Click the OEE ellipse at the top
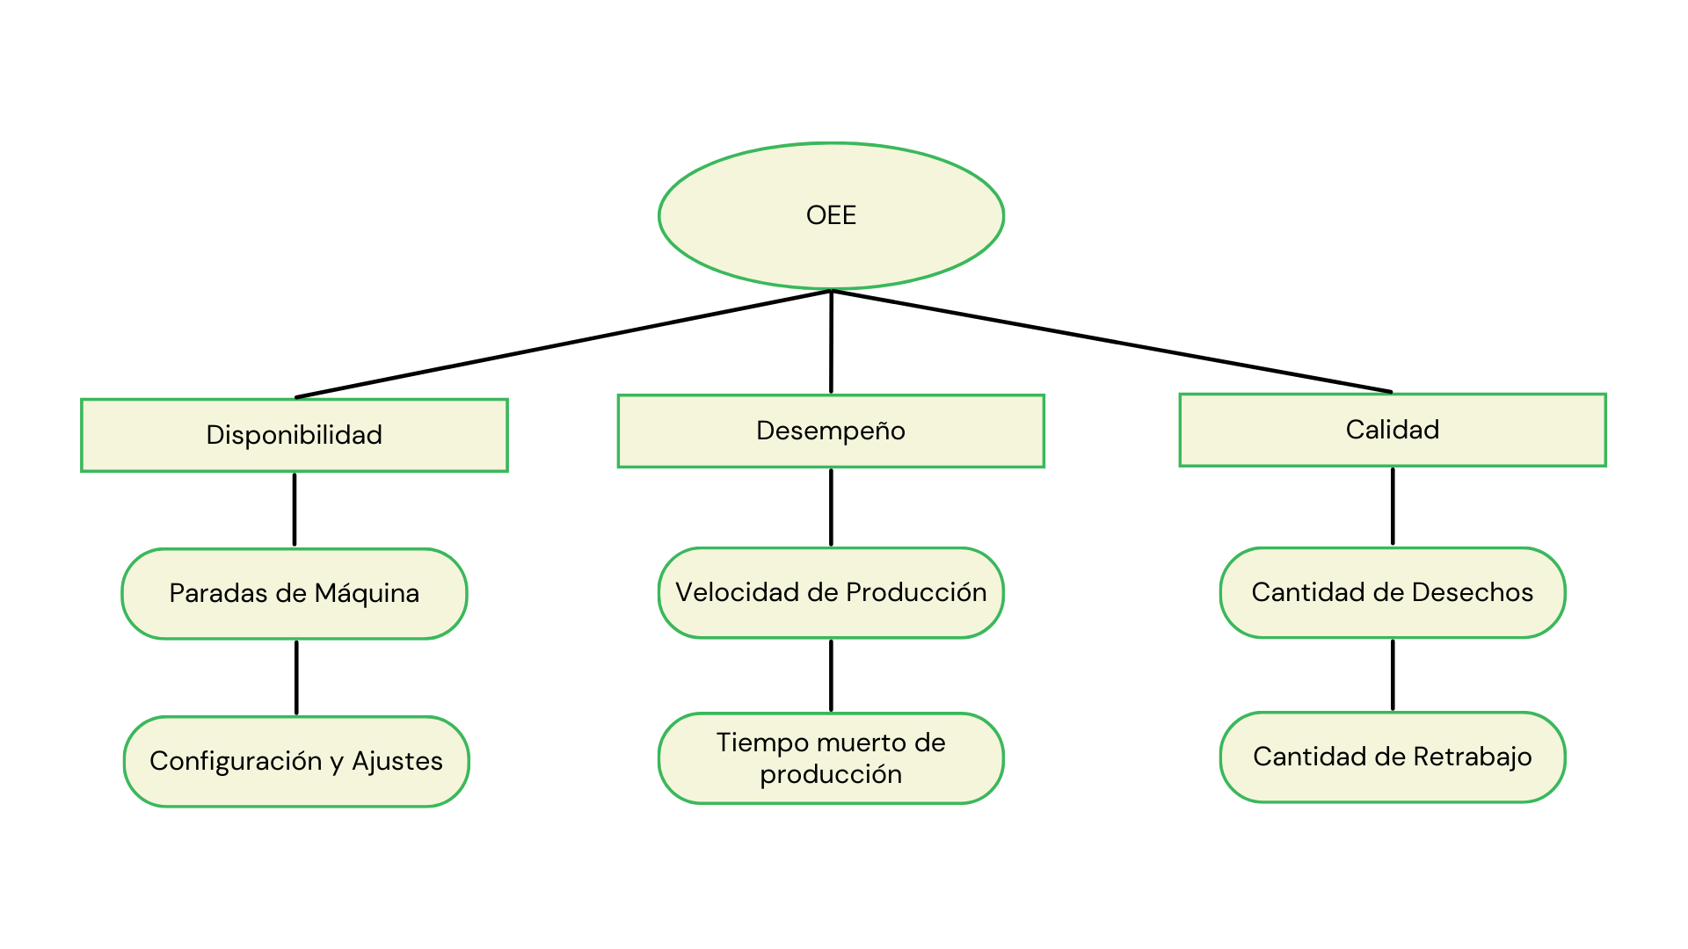click(x=831, y=216)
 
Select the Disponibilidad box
click(x=295, y=435)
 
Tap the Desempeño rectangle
click(x=831, y=431)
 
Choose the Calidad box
click(x=1393, y=430)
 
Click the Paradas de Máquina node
click(x=295, y=593)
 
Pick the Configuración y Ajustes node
click(x=296, y=761)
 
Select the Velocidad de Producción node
click(x=831, y=592)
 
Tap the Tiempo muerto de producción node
click(x=831, y=757)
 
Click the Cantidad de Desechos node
click(x=1393, y=592)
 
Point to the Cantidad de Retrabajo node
click(x=1393, y=757)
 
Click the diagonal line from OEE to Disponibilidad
click(x=563, y=344)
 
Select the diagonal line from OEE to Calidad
click(x=1111, y=342)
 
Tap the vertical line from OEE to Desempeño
click(x=831, y=343)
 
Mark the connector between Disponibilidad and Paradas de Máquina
click(x=295, y=510)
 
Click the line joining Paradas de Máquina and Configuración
click(x=296, y=677)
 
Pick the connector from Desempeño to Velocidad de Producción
click(x=831, y=507)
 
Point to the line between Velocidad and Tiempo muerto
click(x=831, y=675)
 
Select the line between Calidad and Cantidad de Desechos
click(x=1393, y=506)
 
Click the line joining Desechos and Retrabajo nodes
click(x=1393, y=674)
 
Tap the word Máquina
click(x=367, y=593)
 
